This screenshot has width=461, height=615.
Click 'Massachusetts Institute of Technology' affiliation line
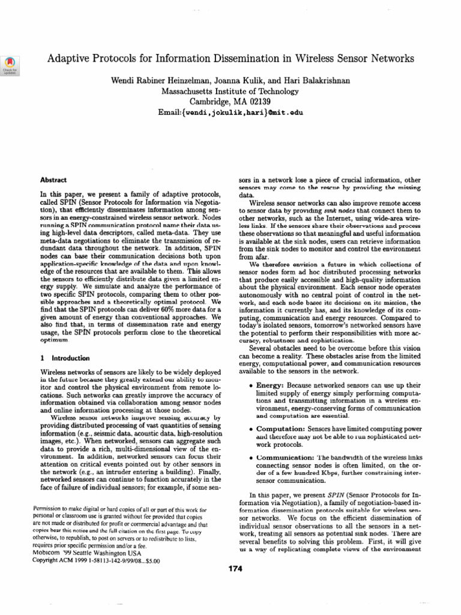[230, 91]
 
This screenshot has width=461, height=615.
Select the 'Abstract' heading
[53, 180]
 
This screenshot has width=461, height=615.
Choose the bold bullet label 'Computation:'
[280, 429]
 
